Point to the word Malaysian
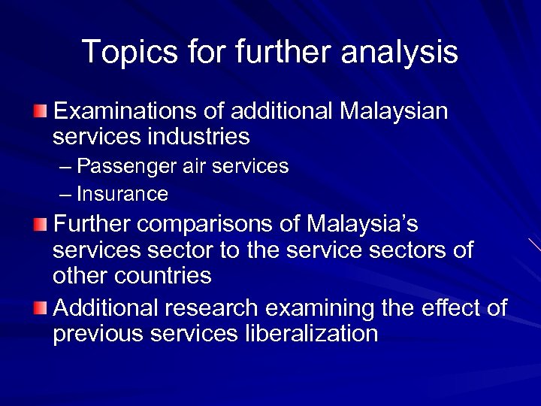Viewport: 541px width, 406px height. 394,112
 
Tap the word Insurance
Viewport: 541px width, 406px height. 122,195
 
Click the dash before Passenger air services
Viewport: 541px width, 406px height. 65,166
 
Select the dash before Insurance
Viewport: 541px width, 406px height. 65,195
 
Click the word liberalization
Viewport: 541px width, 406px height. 311,333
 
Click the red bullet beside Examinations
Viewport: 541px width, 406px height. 41,113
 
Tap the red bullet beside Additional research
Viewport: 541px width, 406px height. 41,308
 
